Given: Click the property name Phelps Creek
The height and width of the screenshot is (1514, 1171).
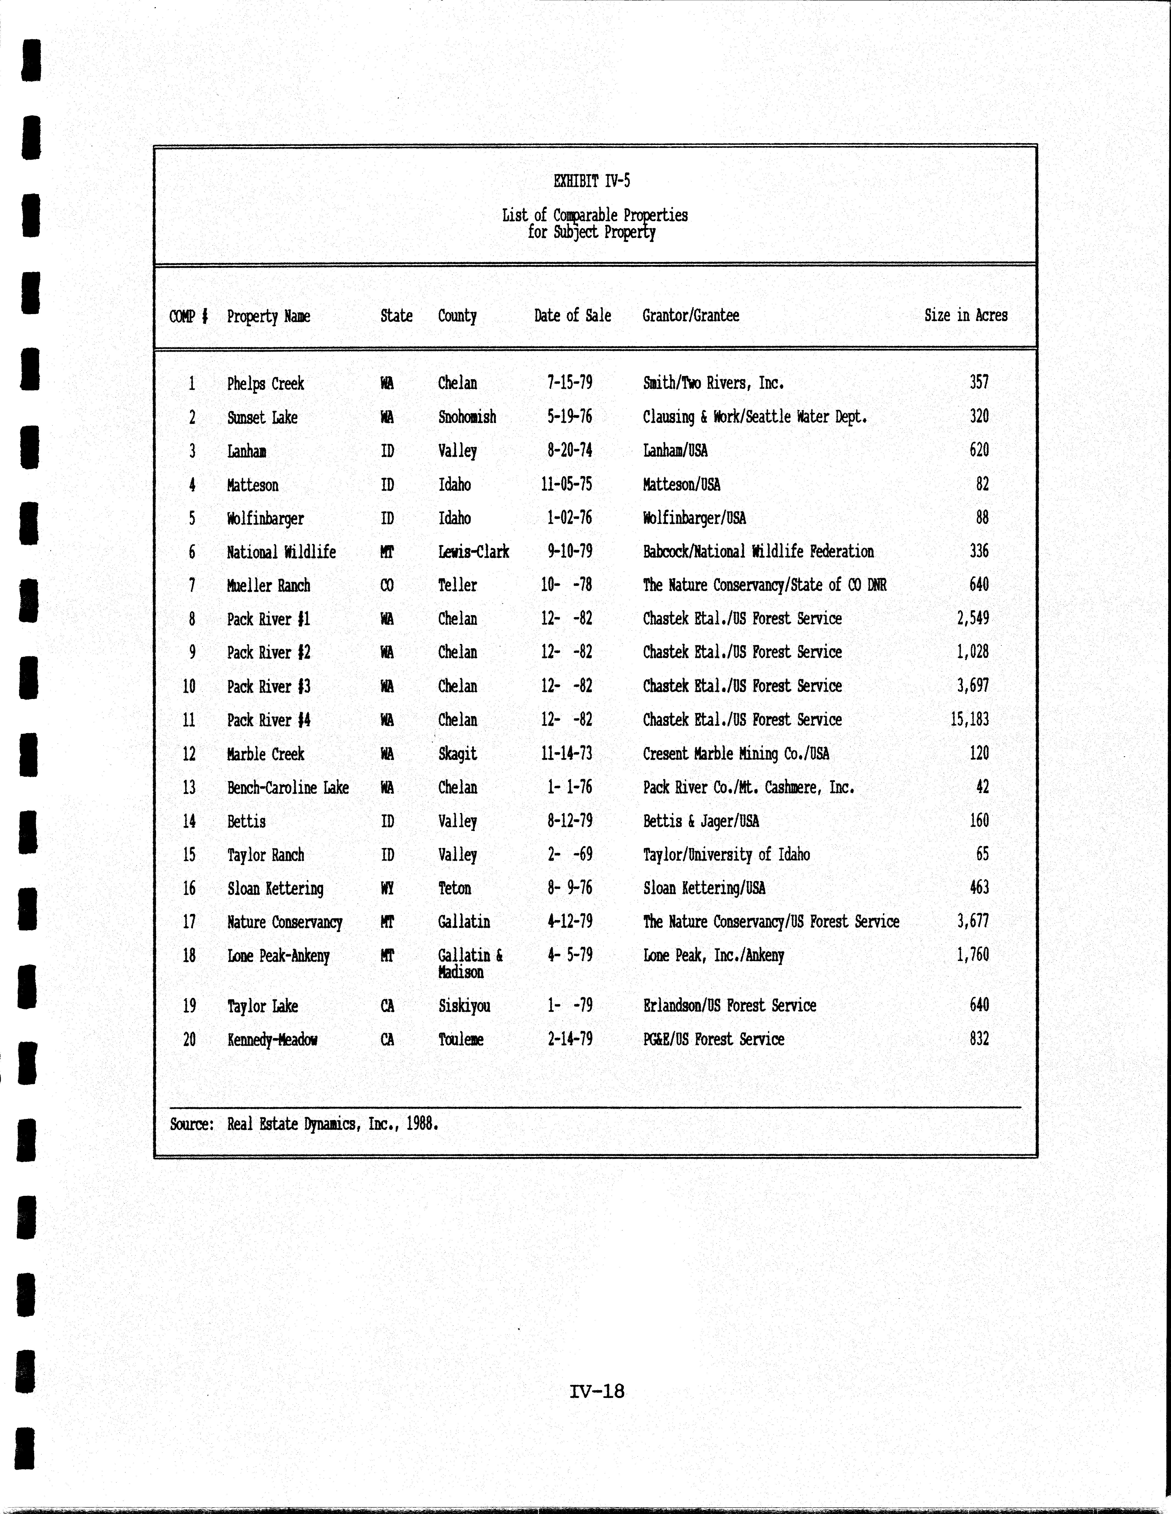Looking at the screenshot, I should [x=265, y=383].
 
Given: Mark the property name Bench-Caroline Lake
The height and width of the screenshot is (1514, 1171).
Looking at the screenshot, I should [x=288, y=788].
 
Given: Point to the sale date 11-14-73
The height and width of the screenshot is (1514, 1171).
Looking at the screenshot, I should [x=566, y=754].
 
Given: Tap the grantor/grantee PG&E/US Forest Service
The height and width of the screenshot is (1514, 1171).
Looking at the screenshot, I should [x=714, y=1039].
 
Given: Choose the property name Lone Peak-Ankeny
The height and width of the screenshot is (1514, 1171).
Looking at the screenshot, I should [x=278, y=956].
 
